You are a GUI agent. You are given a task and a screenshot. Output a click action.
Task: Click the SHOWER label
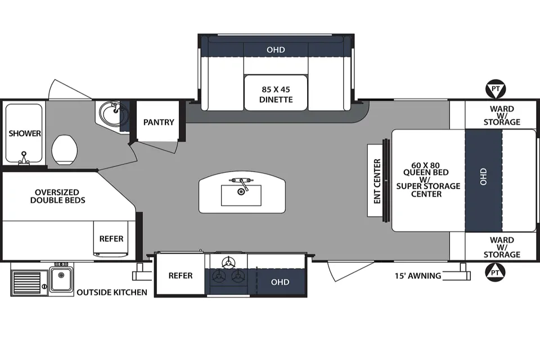coord(25,133)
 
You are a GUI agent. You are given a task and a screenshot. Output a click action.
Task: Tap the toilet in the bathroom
coord(64,150)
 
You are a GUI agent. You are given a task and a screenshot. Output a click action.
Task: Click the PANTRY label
coord(159,122)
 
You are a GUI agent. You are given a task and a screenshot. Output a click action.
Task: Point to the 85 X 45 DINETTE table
coord(276,93)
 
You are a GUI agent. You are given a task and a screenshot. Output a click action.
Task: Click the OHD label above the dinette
coord(276,49)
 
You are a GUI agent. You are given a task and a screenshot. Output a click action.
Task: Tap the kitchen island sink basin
coord(241,195)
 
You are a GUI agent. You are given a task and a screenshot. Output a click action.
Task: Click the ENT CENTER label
coord(377,181)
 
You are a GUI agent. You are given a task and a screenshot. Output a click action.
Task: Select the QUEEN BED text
coord(426,172)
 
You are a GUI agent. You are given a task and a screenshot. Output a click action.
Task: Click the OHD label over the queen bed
coord(484,177)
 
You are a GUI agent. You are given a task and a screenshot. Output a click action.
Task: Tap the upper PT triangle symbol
coord(495,89)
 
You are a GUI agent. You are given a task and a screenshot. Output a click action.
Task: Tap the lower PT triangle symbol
coord(495,272)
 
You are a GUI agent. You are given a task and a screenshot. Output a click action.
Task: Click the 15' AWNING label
coord(418,276)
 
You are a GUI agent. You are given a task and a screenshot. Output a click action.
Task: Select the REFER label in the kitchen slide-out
coord(181,276)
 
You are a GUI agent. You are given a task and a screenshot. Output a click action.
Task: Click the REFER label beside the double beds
coord(111,238)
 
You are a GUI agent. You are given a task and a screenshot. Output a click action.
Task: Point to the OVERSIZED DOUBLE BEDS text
coord(57,196)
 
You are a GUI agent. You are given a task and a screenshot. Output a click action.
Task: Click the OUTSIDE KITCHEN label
coord(112,292)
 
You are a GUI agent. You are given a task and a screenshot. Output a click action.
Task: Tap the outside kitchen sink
coord(61,278)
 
